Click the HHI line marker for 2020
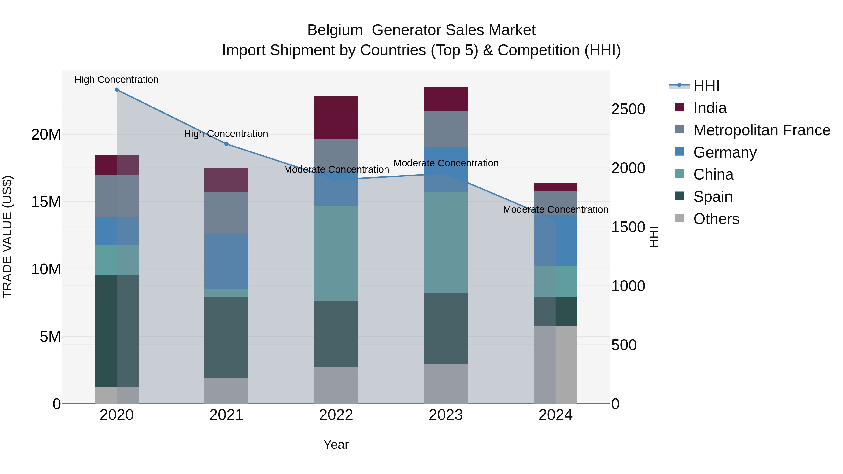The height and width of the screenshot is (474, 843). pos(117,90)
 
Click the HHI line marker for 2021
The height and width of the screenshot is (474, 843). pos(226,144)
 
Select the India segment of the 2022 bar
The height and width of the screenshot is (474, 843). pos(336,118)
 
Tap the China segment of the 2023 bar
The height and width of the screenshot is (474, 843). pos(446,242)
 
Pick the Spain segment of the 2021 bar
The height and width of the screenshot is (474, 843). pos(226,337)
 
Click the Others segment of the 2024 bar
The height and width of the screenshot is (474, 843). pos(555,365)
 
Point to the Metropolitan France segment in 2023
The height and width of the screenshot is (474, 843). pos(446,129)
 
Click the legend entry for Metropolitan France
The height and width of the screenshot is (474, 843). pos(762,130)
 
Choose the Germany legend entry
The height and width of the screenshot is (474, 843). pos(725,152)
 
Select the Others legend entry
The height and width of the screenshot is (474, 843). pos(716,219)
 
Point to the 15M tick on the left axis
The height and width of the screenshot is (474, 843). pos(46,202)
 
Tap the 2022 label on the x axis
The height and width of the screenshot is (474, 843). pos(336,415)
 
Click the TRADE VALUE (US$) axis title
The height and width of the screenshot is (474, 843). pos(7,237)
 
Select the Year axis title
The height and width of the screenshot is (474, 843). pos(336,445)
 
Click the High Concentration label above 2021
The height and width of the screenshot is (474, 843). pos(226,134)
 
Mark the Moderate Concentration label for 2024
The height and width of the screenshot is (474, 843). pos(555,209)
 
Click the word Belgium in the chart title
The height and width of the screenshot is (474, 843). pos(335,30)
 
